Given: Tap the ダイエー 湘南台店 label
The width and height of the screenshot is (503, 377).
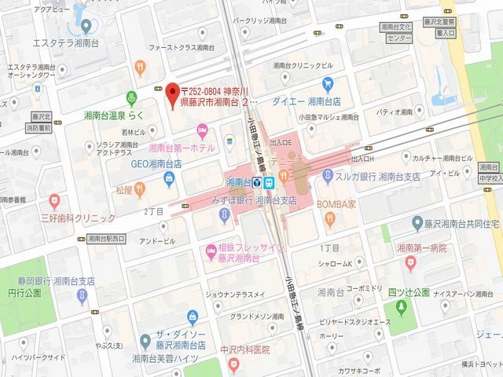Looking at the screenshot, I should pyautogui.click(x=306, y=101).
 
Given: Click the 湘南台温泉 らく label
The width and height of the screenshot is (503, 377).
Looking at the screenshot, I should pyautogui.click(x=114, y=115).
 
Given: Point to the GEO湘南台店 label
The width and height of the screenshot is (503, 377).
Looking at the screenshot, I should pyautogui.click(x=156, y=163).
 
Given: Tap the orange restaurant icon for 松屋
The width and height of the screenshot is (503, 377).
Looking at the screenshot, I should pyautogui.click(x=140, y=188).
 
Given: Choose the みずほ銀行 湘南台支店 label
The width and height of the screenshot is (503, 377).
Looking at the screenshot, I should pyautogui.click(x=248, y=200).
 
